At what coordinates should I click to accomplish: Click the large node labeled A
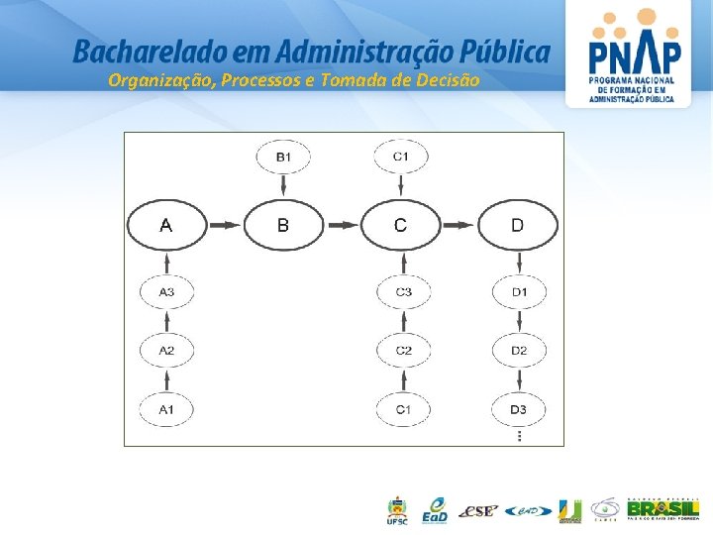click(165, 226)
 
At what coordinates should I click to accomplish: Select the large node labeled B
click(283, 226)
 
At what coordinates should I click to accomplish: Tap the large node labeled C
click(400, 226)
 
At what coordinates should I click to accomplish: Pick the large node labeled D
click(518, 226)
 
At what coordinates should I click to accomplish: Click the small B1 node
click(283, 157)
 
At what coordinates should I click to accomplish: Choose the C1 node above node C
click(401, 157)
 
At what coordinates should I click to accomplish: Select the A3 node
click(166, 292)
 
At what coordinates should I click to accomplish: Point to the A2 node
click(166, 351)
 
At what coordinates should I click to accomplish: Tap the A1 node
click(166, 409)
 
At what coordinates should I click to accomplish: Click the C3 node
click(403, 292)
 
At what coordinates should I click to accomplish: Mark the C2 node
click(403, 351)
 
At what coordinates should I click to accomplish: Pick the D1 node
click(519, 292)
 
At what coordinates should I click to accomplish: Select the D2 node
click(519, 351)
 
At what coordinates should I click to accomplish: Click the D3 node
click(519, 409)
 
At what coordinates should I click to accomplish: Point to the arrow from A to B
click(225, 226)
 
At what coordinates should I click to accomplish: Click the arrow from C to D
click(458, 226)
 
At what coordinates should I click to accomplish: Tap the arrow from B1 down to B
click(283, 185)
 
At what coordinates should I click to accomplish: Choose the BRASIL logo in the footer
click(662, 509)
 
